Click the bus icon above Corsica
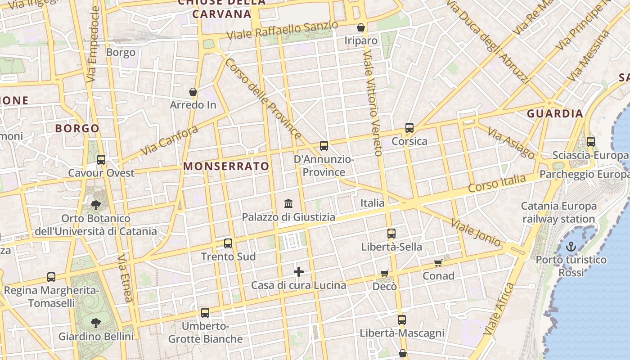point(409,128)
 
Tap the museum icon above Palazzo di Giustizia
point(288,204)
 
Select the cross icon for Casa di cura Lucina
point(299,272)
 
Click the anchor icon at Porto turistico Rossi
point(571,247)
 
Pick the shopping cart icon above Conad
point(438,263)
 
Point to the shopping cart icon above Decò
point(384,273)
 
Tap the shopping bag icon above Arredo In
point(193,92)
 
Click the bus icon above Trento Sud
point(228,243)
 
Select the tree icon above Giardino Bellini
point(95,323)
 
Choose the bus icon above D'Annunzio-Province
point(324,146)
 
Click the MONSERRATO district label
point(226,166)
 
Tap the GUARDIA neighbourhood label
point(555,113)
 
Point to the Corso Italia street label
point(496,184)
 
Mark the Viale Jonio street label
point(476,233)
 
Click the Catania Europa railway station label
point(558,212)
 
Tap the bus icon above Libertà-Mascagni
point(402,320)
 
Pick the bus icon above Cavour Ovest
point(101,160)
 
